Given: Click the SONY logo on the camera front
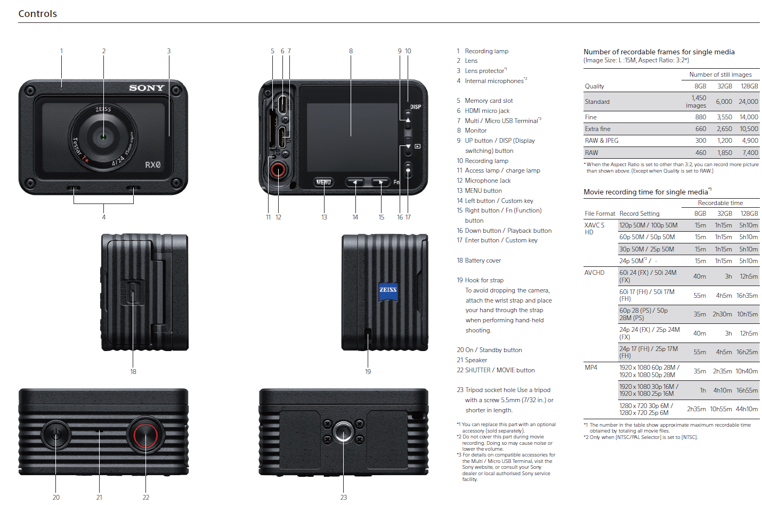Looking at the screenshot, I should pyautogui.click(x=147, y=88).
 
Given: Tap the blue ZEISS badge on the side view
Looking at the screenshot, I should pyautogui.click(x=388, y=290).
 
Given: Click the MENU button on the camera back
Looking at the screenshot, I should pyautogui.click(x=323, y=182).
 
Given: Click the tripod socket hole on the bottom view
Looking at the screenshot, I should pyautogui.click(x=343, y=432).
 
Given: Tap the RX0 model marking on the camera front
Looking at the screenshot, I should pyautogui.click(x=153, y=165).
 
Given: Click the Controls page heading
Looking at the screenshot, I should pyautogui.click(x=37, y=14).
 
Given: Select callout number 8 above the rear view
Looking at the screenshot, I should pyautogui.click(x=351, y=51).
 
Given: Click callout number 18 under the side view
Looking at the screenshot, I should pyautogui.click(x=133, y=372).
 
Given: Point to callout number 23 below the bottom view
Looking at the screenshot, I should pyautogui.click(x=344, y=497).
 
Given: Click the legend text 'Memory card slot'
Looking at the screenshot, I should pyautogui.click(x=489, y=101).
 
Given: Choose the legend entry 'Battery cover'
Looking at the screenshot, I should pyautogui.click(x=483, y=260).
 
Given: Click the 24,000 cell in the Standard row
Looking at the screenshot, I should pyautogui.click(x=748, y=102).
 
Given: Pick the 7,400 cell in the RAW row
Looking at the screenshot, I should pyautogui.click(x=750, y=153).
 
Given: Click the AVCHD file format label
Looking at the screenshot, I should pyautogui.click(x=595, y=273).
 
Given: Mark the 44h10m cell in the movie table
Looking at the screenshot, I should pyautogui.click(x=747, y=409).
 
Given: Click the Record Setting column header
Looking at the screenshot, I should pyautogui.click(x=639, y=214).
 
